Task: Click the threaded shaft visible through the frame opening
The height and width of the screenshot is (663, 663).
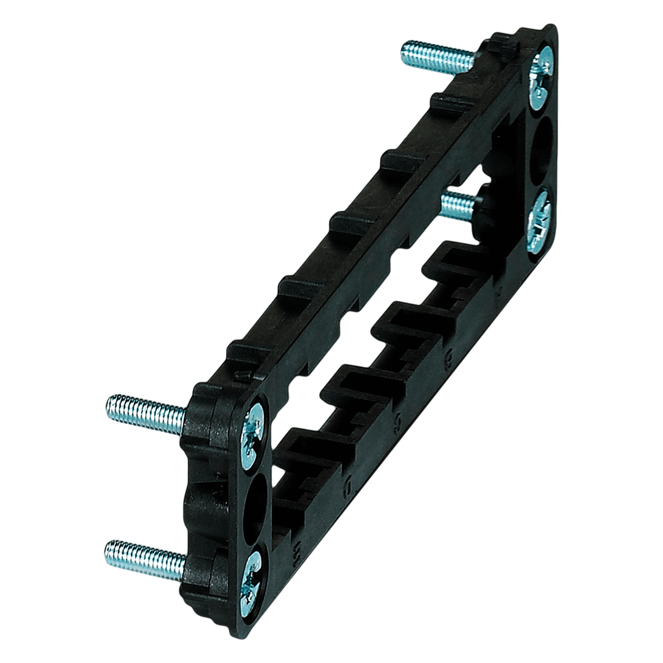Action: (x=460, y=204)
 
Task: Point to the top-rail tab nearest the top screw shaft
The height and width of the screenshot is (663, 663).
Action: (x=446, y=99)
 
